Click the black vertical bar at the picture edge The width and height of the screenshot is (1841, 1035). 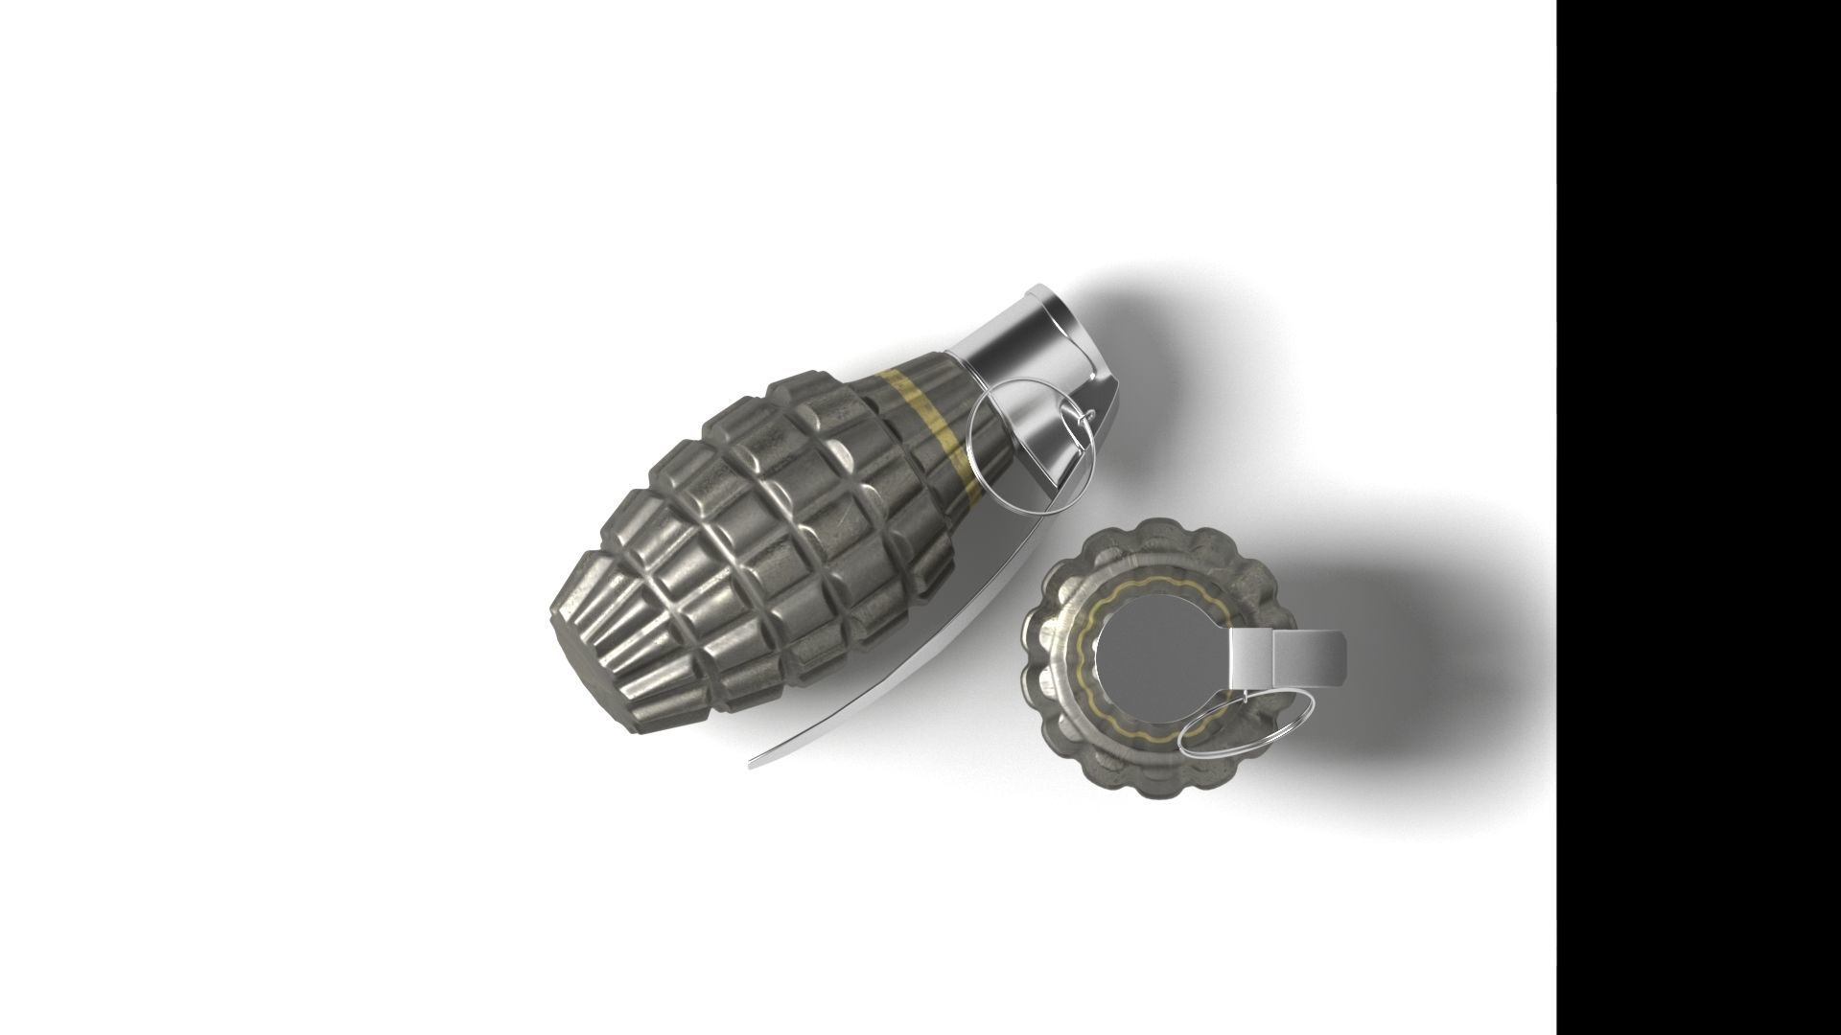[x=1697, y=517]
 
